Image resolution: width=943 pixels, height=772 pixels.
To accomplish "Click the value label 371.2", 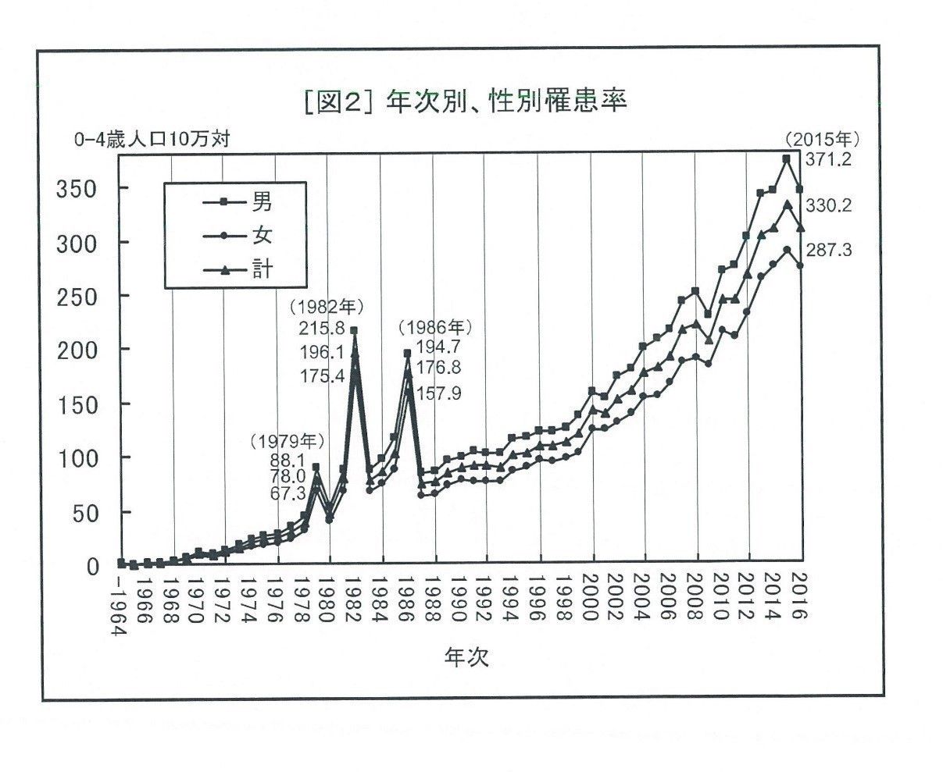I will tap(830, 159).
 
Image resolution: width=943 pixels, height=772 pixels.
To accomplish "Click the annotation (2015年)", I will tap(823, 141).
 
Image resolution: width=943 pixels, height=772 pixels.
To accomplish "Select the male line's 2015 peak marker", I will tap(786, 158).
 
